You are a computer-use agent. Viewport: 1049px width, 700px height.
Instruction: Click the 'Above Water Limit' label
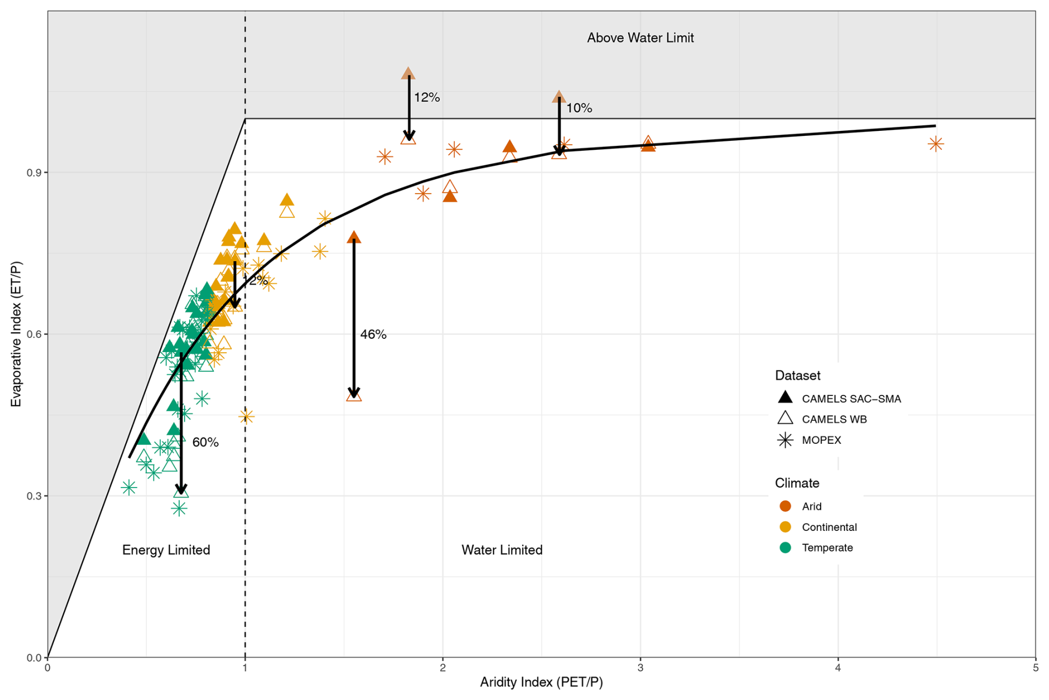coord(640,38)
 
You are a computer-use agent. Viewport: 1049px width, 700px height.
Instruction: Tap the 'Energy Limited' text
coord(166,550)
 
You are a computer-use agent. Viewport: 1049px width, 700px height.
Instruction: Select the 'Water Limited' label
coord(502,550)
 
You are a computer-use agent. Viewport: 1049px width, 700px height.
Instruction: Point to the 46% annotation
coord(373,334)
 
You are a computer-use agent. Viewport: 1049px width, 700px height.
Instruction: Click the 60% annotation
coord(205,442)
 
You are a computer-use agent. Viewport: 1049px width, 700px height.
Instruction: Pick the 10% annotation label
coord(579,108)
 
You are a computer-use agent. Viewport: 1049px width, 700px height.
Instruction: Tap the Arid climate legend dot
coord(785,506)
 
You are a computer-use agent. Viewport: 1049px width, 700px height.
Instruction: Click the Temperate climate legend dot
coord(785,547)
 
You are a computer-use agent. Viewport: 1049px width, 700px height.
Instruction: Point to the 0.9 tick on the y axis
coord(34,173)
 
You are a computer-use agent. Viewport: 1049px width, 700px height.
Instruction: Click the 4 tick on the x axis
coord(838,668)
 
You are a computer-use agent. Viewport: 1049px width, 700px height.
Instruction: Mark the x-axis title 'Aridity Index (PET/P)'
coord(541,682)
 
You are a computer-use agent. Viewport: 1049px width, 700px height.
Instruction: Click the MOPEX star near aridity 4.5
coord(936,144)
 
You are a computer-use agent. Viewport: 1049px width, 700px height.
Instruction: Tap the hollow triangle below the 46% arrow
coord(354,395)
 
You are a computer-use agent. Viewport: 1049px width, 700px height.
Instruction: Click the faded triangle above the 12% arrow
coord(408,73)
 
